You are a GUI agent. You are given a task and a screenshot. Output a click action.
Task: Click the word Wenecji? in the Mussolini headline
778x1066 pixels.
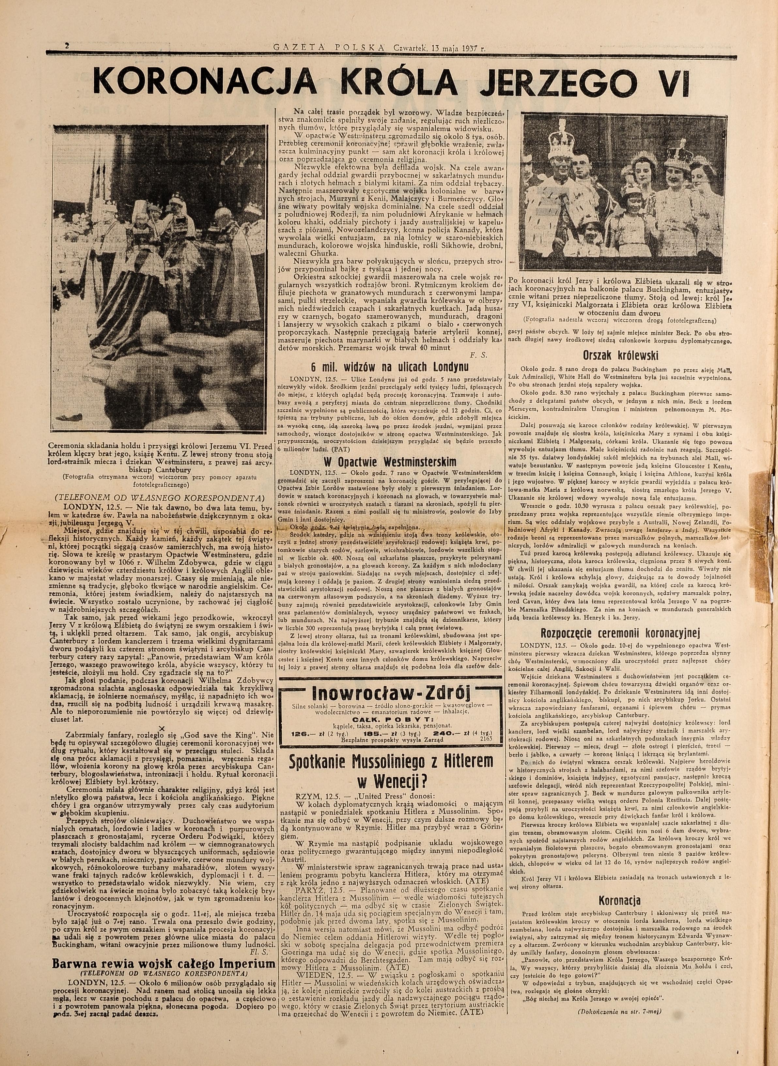click(x=392, y=781)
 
